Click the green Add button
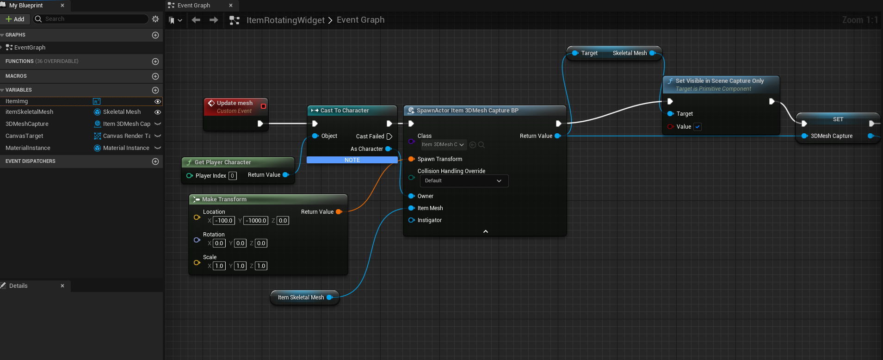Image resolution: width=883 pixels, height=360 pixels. point(15,19)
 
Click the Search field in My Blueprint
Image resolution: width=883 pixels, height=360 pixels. point(91,19)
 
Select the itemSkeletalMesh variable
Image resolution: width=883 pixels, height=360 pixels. point(29,112)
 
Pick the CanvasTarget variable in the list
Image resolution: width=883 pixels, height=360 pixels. point(24,136)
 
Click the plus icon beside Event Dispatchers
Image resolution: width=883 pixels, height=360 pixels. point(155,161)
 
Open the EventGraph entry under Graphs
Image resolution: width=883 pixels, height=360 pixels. point(30,48)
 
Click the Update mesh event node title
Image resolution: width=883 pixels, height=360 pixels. point(235,103)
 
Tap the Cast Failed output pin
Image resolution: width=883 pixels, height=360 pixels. point(389,137)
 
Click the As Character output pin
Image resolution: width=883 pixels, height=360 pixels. point(389,149)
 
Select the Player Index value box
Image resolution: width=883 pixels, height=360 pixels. point(233,176)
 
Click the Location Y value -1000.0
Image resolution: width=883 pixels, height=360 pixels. point(256,221)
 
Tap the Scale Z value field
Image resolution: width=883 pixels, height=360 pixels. point(261,266)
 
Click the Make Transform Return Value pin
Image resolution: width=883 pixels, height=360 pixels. point(339,212)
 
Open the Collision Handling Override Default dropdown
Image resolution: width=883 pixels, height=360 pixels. point(464,181)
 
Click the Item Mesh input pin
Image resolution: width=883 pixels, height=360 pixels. point(411,208)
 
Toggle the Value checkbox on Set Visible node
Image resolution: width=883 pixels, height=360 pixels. point(698,127)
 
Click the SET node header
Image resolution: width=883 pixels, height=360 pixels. point(838,119)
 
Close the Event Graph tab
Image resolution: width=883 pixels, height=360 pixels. point(231,6)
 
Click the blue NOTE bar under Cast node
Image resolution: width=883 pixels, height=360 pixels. point(352,160)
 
